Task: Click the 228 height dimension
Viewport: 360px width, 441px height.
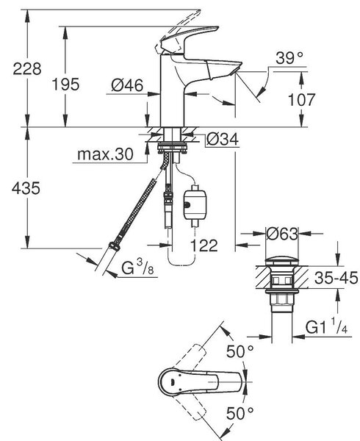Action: pos(27,69)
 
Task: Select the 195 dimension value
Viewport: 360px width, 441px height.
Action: pos(66,85)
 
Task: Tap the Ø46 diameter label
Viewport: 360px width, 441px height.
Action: pos(127,85)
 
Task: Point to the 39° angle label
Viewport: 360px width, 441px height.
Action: pos(289,58)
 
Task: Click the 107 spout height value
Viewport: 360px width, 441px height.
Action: pos(302,99)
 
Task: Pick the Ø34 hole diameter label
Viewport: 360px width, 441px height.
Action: pos(223,139)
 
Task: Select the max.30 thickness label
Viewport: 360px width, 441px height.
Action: pos(105,154)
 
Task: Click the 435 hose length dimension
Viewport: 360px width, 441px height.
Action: pos(26,188)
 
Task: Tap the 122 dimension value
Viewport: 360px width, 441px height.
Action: pos(204,245)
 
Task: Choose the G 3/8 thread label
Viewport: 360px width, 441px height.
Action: pos(138,267)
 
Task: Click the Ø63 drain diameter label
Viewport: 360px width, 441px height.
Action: pos(281,234)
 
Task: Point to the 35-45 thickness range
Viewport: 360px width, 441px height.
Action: pos(336,278)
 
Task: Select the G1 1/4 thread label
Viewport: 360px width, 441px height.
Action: pos(327,326)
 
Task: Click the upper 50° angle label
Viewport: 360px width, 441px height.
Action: pos(240,351)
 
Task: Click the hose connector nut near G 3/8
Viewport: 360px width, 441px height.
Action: pos(114,246)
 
